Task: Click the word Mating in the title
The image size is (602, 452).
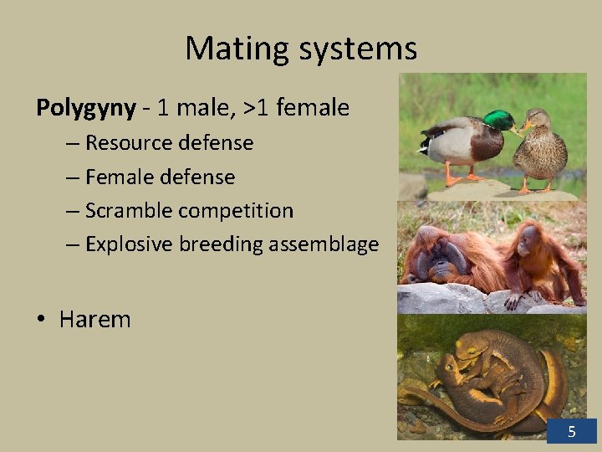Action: [233, 49]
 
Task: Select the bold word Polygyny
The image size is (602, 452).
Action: [85, 108]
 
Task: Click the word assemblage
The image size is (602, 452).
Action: [329, 244]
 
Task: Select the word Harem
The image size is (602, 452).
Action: [94, 319]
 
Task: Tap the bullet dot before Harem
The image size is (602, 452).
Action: [42, 320]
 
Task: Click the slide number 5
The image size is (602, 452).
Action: [572, 432]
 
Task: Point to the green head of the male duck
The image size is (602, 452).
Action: [499, 121]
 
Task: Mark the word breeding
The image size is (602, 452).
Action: [219, 244]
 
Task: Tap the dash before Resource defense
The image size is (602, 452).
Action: [73, 143]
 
